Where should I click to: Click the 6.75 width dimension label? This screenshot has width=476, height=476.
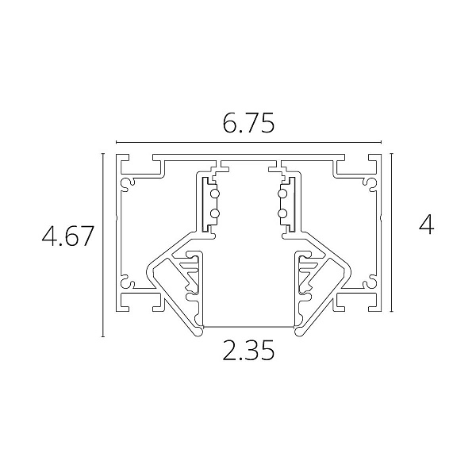click(248, 123)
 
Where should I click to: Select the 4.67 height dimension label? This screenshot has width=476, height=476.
click(67, 236)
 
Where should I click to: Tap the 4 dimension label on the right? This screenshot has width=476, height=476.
click(426, 225)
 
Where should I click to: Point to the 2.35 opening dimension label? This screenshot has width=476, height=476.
click(248, 350)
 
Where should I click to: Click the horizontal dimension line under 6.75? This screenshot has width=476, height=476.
click(248, 142)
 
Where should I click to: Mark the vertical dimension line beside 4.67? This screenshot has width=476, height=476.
click(103, 245)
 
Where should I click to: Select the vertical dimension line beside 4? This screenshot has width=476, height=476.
click(392, 232)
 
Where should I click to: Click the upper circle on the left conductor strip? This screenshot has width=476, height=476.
click(215, 194)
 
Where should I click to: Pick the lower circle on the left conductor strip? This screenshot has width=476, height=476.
click(215, 214)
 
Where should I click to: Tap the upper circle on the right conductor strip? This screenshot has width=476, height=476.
click(282, 194)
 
